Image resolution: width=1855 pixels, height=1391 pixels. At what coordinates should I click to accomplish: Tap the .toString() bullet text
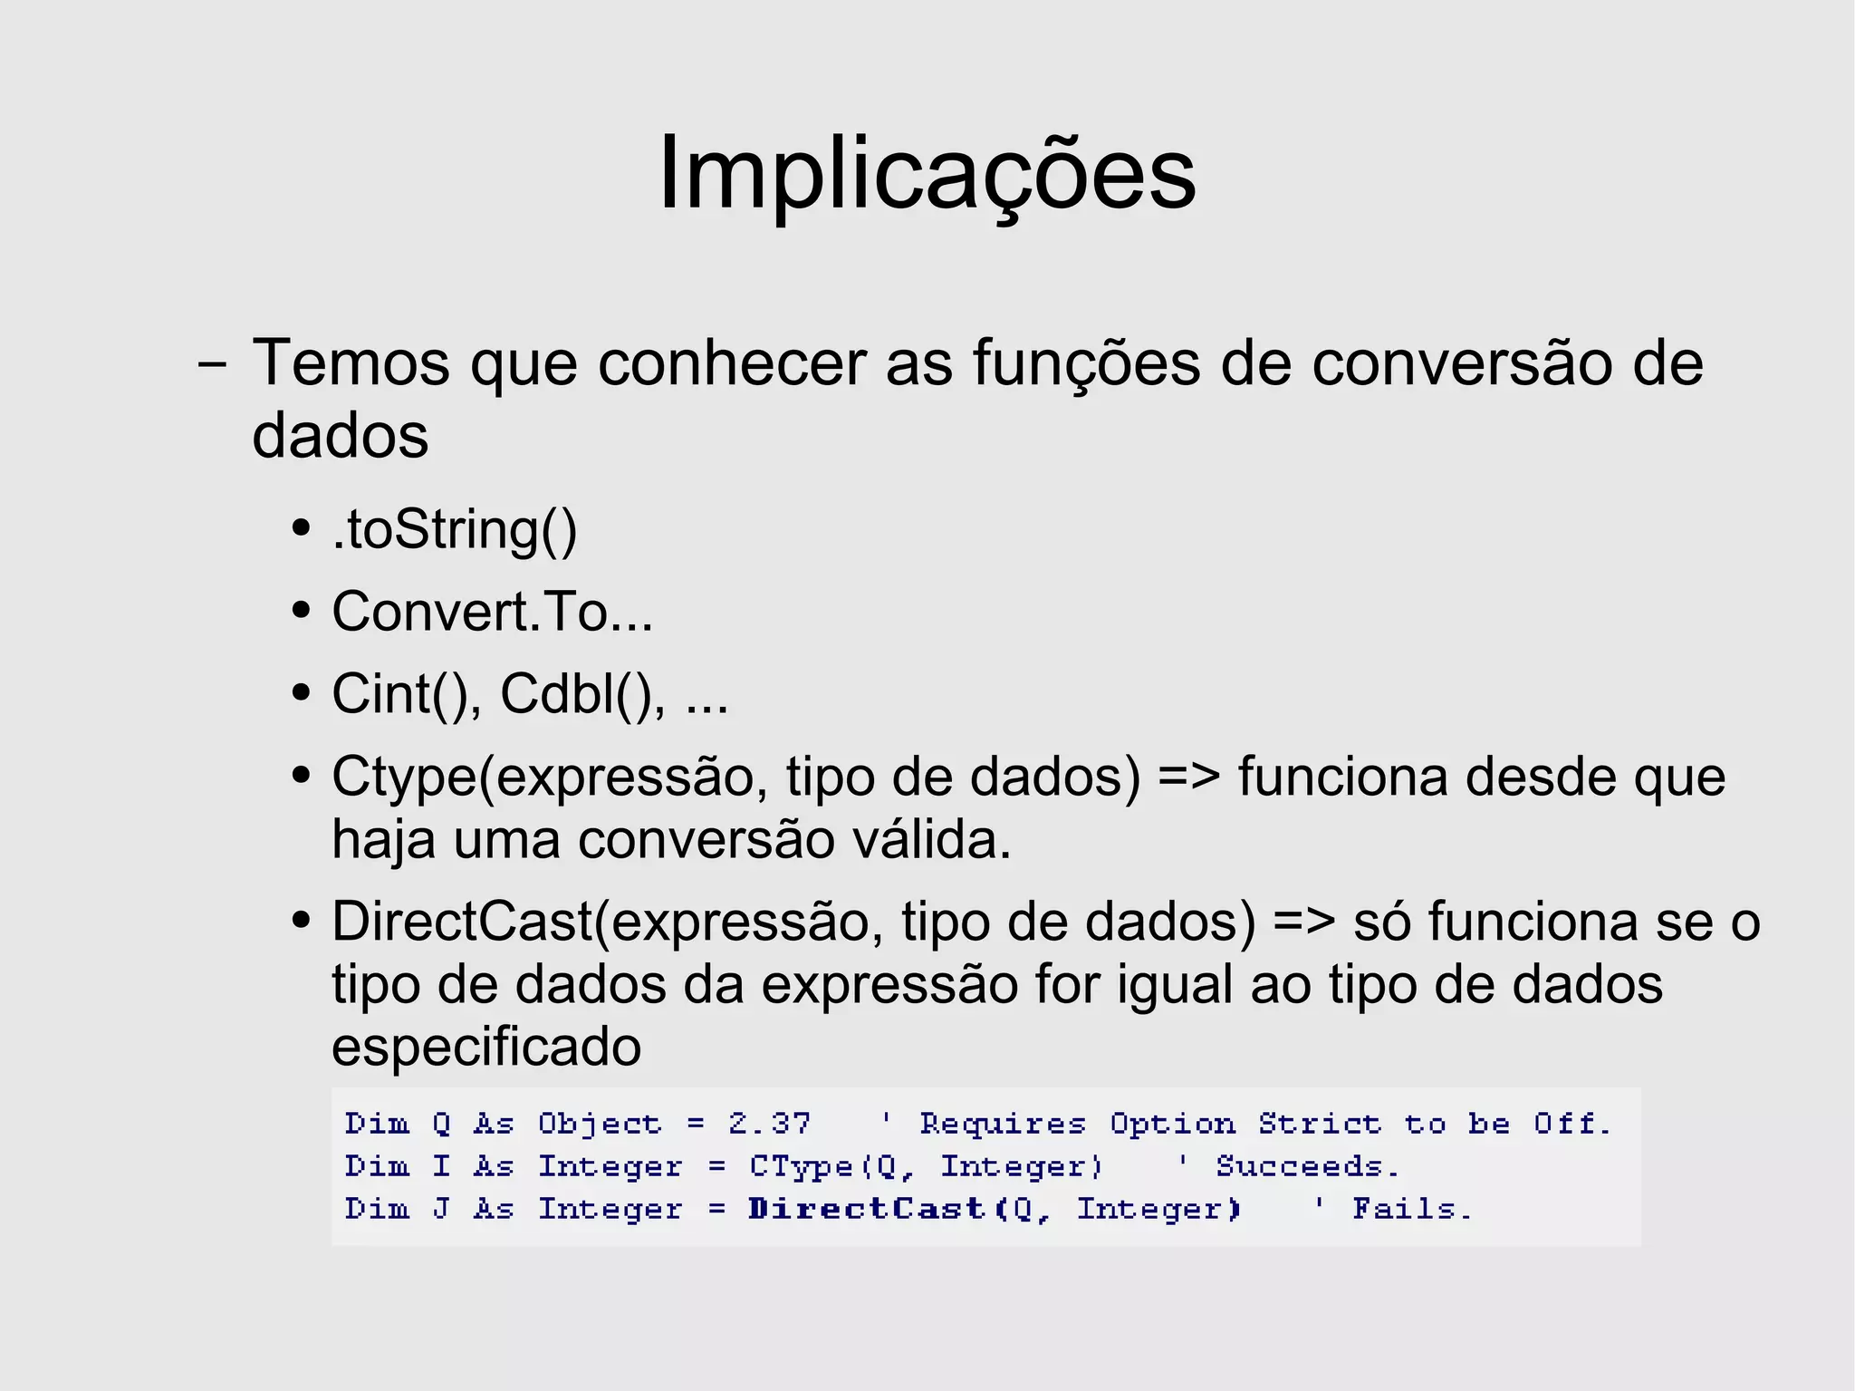coord(454,530)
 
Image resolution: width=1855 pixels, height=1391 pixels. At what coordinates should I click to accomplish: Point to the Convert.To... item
coord(492,613)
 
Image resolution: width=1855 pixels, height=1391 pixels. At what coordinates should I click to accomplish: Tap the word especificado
coord(486,1048)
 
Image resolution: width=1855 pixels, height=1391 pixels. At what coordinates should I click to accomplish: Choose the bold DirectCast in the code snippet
coord(866,1209)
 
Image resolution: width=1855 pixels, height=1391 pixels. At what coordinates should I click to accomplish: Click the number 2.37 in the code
coord(769,1125)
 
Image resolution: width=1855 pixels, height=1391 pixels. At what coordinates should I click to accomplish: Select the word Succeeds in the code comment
coord(1305,1166)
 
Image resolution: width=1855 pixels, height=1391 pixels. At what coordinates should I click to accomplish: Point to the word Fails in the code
coord(1409,1209)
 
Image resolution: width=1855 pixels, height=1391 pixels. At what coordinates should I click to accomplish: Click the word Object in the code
coord(600,1125)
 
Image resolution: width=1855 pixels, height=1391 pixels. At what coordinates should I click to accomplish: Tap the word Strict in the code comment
coord(1319,1125)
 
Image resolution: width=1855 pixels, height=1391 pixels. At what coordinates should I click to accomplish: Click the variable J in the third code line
coord(441,1209)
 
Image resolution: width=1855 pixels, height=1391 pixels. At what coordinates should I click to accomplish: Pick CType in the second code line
coord(801,1166)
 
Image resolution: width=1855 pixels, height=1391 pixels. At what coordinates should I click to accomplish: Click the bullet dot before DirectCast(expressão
coord(302,923)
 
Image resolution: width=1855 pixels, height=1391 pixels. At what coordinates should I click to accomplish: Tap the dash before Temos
coord(212,366)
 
